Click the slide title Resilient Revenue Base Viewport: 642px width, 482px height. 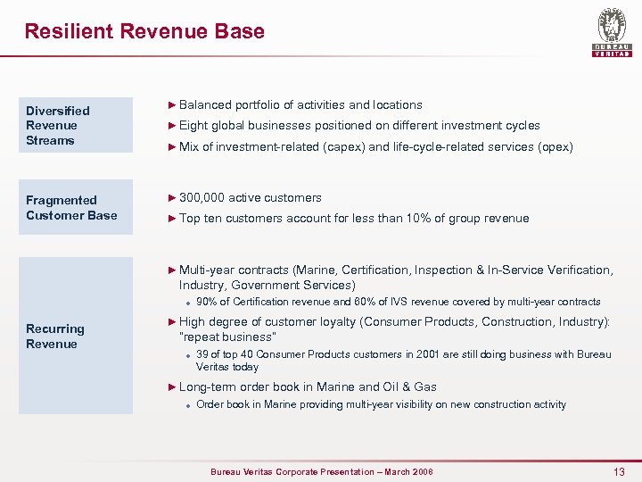(144, 31)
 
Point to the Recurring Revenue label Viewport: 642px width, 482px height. (55, 337)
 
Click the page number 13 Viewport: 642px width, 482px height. (619, 471)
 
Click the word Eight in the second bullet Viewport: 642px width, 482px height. (193, 126)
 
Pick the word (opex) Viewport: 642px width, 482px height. (555, 146)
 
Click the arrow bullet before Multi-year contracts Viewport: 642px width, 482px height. (173, 270)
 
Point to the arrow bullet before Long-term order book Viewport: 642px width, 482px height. (173, 386)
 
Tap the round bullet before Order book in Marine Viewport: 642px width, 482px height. (189, 405)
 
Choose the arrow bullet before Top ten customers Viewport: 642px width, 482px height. (173, 218)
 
